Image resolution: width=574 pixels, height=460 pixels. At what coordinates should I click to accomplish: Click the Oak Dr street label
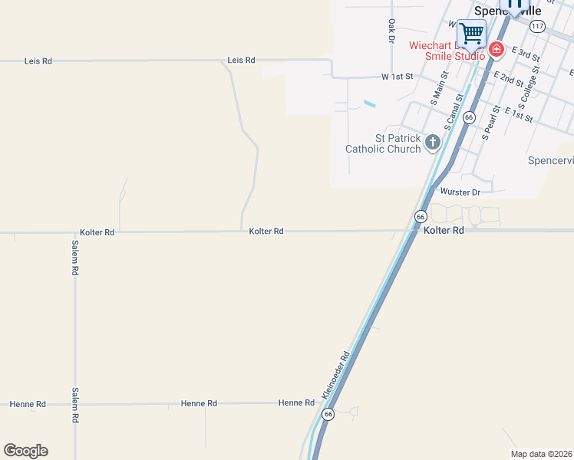coord(391,31)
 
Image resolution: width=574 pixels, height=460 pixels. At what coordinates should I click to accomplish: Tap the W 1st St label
coord(398,77)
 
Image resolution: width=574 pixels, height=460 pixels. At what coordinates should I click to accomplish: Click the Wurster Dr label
coord(460,191)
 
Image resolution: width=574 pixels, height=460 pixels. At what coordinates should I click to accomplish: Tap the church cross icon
coord(433,142)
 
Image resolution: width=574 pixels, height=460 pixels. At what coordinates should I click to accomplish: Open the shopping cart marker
coord(471,34)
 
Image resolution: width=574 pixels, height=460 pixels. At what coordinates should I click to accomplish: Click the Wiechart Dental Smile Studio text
coord(447,51)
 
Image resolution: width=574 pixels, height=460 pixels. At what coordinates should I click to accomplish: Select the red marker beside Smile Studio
coord(496,50)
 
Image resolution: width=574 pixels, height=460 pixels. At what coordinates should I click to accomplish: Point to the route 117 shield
coord(537,26)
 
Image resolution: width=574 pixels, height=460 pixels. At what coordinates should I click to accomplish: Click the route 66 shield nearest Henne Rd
coord(328,414)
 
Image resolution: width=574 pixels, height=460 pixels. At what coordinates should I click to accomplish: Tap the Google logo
coord(25,451)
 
